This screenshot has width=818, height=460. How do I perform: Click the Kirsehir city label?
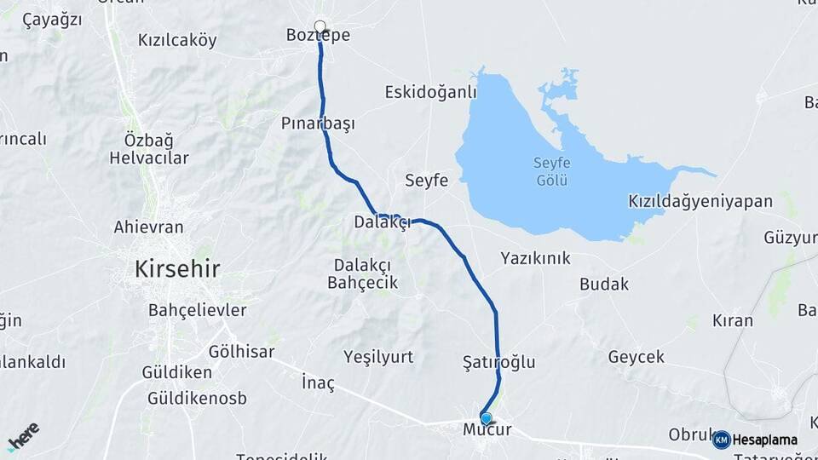point(177,269)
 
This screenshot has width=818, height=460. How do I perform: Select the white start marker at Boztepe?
point(320,26)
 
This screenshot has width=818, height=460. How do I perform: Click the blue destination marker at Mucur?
point(487,417)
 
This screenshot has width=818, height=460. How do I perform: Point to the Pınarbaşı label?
point(318,124)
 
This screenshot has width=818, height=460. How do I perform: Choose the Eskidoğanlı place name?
point(429,91)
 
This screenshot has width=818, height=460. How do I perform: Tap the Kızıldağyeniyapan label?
point(700,202)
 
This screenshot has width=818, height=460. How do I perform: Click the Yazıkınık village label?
point(535,257)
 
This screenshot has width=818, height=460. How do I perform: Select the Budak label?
point(604,285)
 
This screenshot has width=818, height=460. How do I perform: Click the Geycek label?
point(636,357)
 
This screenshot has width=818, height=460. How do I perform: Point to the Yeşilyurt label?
point(377,357)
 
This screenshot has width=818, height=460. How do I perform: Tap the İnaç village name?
point(319,384)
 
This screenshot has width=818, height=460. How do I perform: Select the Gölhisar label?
point(241,351)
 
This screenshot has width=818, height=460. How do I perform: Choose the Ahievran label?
point(148,227)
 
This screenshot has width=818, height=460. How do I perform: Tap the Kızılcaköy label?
point(177,40)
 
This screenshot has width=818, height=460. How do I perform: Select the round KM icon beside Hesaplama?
point(721,440)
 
